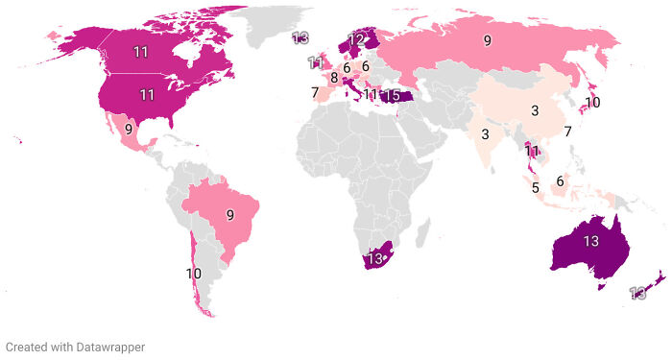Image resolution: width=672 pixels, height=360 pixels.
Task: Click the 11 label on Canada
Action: (140, 51)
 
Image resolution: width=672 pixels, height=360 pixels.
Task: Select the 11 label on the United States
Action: (147, 94)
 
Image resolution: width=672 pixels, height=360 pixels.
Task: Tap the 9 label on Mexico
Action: (129, 128)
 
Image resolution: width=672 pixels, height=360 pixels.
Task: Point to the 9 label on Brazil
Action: (230, 215)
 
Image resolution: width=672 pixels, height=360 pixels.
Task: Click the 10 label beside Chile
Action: (194, 274)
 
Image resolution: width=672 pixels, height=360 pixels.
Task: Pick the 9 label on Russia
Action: (488, 40)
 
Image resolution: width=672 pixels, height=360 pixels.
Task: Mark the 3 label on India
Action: (487, 133)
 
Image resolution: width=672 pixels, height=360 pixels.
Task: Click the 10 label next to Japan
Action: (592, 102)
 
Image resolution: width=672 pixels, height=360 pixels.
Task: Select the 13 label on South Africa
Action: (376, 259)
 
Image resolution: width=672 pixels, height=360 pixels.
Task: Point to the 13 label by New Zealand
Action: (636, 293)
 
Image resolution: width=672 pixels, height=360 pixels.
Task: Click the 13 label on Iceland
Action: (300, 37)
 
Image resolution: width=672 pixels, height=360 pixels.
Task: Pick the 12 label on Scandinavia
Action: (357, 40)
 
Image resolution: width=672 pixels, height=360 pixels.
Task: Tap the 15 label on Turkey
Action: (393, 95)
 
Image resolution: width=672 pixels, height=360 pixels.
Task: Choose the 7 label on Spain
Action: (314, 92)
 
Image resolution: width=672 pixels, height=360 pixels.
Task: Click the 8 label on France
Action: (334, 78)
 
